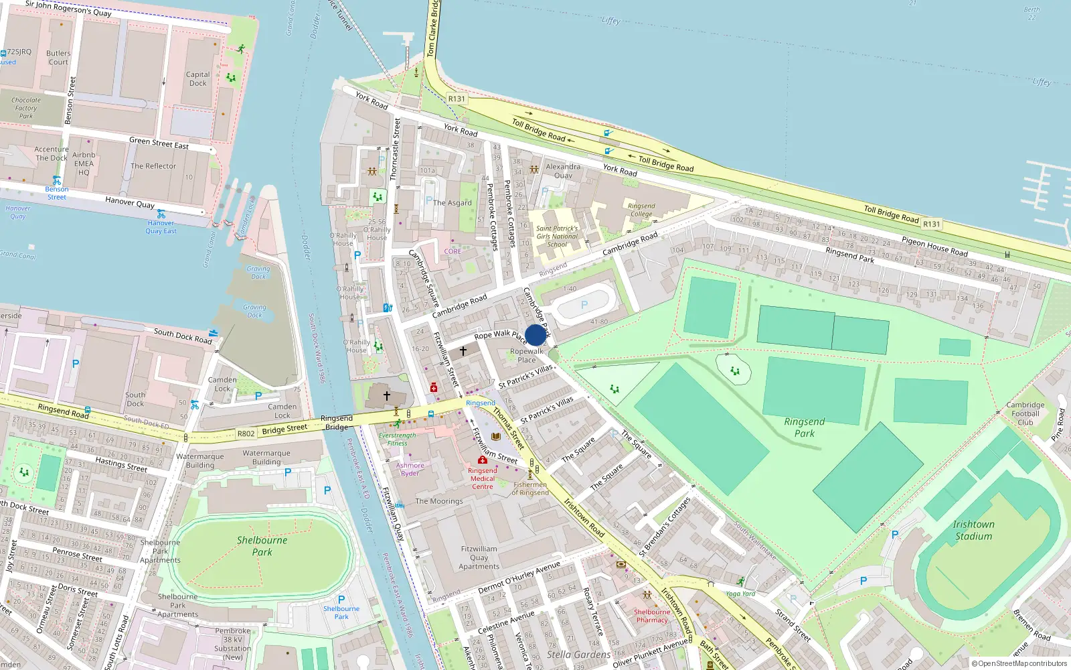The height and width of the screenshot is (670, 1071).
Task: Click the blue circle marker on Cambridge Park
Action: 535,335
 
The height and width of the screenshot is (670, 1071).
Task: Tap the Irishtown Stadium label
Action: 973,530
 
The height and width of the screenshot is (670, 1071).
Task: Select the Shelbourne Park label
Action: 262,546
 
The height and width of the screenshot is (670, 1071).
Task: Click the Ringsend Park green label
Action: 805,427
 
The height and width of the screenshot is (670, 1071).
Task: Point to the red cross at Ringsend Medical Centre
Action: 482,460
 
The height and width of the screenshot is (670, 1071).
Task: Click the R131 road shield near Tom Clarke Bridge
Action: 457,98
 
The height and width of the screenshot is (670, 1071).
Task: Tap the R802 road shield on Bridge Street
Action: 246,433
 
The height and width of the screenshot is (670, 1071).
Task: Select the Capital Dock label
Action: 197,79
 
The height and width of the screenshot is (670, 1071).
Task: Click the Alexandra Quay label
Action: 563,171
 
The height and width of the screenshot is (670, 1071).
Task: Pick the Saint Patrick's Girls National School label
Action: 557,237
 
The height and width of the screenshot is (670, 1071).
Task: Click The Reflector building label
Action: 153,166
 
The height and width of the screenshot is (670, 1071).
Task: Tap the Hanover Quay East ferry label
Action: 161,227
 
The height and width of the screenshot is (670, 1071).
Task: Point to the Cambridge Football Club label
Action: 1025,413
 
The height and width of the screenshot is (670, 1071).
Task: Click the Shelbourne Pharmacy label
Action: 652,616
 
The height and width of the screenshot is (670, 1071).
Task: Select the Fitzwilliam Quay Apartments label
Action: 479,557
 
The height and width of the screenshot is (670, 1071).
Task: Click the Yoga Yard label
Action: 740,594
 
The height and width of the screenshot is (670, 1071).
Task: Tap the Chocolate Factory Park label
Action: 26,108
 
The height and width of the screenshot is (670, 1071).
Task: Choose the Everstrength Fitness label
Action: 397,439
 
